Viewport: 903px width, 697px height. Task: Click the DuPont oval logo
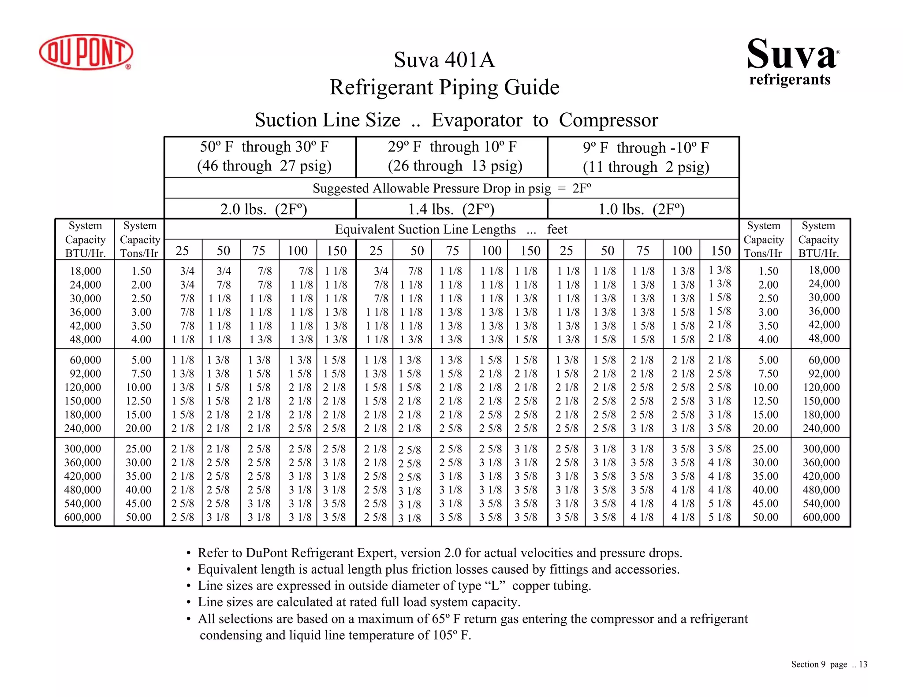click(86, 52)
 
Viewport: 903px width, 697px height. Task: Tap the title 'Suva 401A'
click(444, 60)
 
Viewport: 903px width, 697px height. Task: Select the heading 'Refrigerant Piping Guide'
click(444, 87)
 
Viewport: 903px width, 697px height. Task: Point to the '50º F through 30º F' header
click(264, 147)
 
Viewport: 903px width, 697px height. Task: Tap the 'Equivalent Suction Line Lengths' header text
click(425, 230)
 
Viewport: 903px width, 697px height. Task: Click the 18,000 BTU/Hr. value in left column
click(85, 271)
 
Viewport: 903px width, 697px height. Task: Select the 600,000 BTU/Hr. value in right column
click(821, 517)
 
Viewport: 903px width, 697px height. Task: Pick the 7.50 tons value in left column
click(141, 374)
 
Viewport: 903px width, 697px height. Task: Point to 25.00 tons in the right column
click(765, 449)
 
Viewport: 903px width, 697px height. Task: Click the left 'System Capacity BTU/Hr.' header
click(85, 239)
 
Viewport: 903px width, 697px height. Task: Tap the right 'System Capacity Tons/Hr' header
click(764, 239)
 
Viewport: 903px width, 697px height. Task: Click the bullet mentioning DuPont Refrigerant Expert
click(439, 553)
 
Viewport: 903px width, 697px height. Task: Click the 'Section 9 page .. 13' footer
click(829, 664)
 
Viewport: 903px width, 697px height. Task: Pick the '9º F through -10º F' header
click(646, 148)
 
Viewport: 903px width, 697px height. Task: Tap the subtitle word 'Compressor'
click(608, 120)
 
